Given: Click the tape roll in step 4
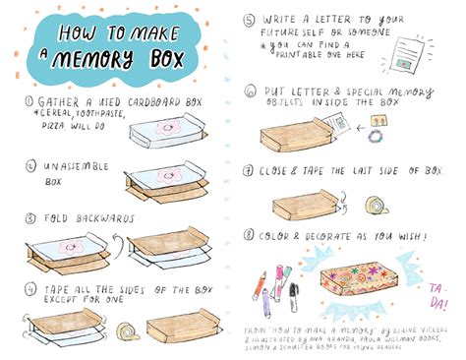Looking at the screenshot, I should coord(129,331).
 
